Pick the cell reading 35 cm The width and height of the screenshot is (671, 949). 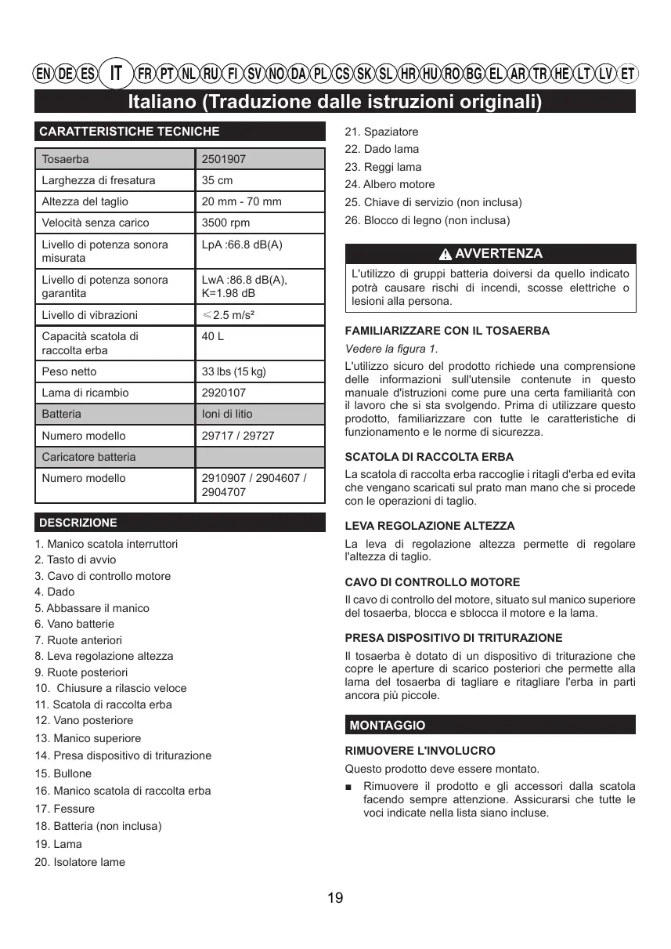click(x=217, y=180)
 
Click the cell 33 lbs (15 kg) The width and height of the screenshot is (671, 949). click(x=233, y=371)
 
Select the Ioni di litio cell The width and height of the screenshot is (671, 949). click(x=227, y=414)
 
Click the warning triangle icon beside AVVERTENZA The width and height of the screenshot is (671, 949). click(x=446, y=255)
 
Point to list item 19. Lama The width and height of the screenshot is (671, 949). click(x=58, y=844)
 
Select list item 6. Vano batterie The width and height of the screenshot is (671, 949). click(x=74, y=624)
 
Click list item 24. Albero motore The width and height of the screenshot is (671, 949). click(x=389, y=184)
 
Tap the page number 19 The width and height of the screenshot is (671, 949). click(x=335, y=898)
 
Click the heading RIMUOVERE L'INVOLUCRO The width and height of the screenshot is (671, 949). click(x=420, y=751)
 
